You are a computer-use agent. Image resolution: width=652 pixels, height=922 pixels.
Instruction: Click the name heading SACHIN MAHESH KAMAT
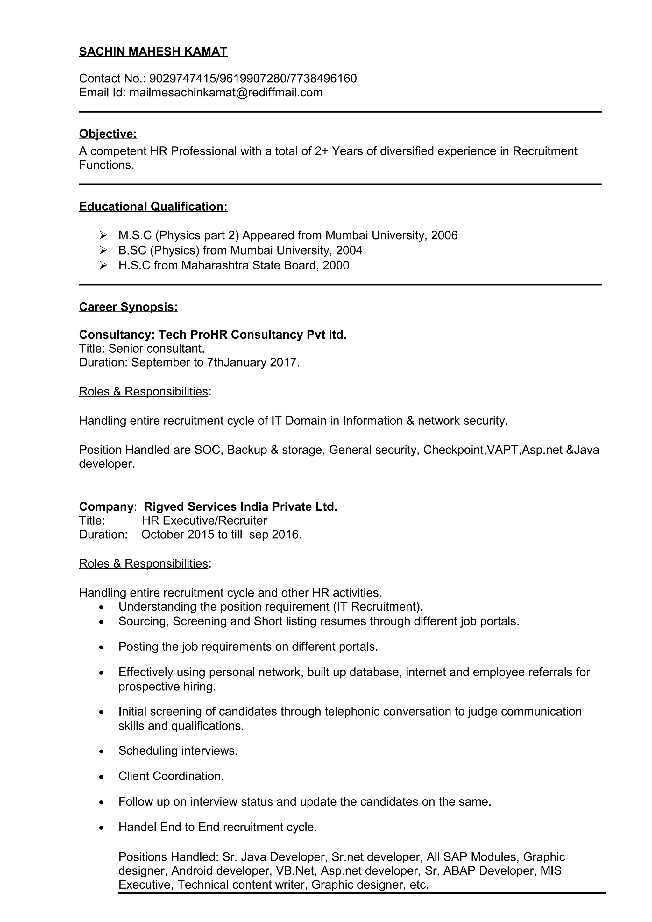pos(153,52)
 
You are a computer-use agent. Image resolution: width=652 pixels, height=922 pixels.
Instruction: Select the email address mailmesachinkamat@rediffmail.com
pos(226,93)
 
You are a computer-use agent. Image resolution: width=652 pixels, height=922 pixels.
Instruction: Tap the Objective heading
pos(108,134)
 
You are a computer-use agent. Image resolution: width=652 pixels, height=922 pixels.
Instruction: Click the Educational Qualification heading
pos(153,207)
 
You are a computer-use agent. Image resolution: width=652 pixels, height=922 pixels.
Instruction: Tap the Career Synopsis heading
pos(128,307)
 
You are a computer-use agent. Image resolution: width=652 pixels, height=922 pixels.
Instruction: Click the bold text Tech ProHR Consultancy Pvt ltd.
pos(252,334)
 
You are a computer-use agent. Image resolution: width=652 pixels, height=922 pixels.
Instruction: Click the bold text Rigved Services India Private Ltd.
pos(240,507)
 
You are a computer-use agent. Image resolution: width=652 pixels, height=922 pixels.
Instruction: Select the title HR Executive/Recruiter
pos(204,521)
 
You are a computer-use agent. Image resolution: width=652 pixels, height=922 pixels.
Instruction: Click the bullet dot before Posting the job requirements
pos(102,647)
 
